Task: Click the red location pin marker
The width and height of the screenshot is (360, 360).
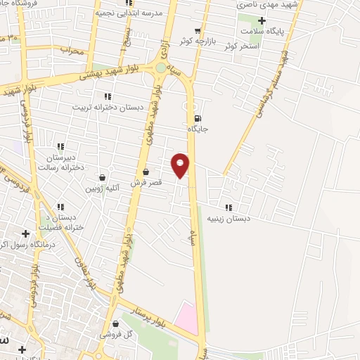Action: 181,165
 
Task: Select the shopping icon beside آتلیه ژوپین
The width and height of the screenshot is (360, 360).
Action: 103,177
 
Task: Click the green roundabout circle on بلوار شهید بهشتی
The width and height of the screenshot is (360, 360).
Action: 161,67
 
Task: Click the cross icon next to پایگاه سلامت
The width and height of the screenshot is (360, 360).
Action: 262,21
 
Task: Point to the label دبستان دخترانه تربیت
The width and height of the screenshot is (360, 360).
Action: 108,107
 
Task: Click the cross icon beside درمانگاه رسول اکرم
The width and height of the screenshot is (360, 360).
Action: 26,233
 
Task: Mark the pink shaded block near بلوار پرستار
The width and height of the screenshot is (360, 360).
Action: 187,317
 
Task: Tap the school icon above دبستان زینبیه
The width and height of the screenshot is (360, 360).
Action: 229,207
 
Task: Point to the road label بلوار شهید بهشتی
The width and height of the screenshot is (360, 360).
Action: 112,75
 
